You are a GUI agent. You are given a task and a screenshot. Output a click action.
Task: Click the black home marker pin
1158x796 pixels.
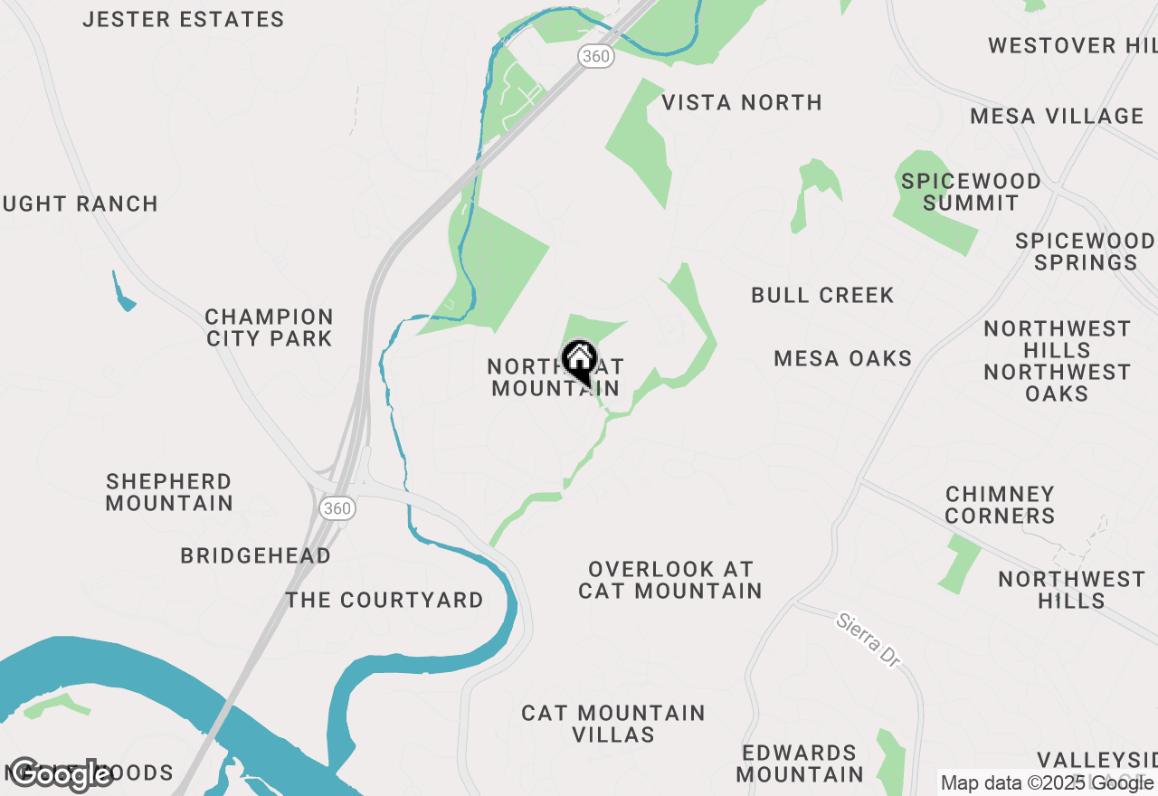coord(579,362)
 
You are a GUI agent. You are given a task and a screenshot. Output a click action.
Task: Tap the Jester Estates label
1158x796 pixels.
coord(183,19)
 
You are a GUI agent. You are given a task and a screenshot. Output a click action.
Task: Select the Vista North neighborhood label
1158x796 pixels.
coord(742,102)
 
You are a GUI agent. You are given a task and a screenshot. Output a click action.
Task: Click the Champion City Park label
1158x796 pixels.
coord(269,327)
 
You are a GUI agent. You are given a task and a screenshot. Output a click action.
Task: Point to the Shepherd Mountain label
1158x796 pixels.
coord(169,492)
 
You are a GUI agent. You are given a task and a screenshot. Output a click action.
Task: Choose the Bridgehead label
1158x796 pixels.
coord(255,555)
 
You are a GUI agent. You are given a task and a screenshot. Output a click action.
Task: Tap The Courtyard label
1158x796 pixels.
coord(384,600)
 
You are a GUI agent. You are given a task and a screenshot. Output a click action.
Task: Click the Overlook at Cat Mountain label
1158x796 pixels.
coord(669,580)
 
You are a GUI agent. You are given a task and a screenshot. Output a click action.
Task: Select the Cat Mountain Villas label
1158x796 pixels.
coord(613,724)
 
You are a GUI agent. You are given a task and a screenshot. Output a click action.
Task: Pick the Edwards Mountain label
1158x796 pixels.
coord(800,763)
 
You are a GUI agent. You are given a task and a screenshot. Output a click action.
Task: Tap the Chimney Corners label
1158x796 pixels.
coord(1000,505)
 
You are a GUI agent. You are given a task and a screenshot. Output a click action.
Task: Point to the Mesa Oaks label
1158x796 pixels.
coord(843,358)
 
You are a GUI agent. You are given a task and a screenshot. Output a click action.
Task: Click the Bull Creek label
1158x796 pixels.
coord(822,295)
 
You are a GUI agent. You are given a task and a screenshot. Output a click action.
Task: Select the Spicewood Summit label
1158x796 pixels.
coord(971,192)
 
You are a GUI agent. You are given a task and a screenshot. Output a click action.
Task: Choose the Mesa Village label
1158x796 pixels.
coord(1057,116)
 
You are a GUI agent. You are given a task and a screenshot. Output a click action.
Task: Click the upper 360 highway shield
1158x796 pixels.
coord(596,56)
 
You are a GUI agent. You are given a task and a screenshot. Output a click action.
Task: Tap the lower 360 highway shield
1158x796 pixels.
coord(337,508)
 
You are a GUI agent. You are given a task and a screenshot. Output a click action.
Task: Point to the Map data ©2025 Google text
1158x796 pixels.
coord(1048,782)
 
